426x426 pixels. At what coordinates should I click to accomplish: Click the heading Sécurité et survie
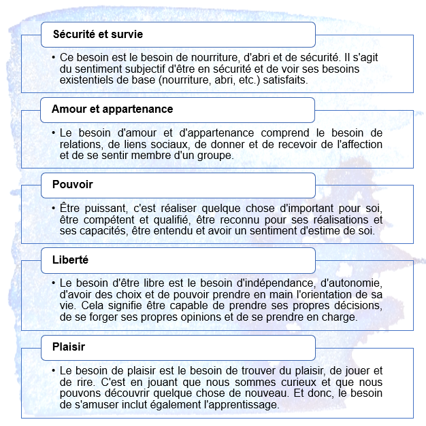[x=97, y=34]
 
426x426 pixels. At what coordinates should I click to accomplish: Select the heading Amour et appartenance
[x=112, y=109]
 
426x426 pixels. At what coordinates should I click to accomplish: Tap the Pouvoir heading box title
[x=72, y=185]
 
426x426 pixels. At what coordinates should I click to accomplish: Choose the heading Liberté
[x=70, y=260]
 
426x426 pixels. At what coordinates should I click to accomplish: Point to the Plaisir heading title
[x=68, y=348]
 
